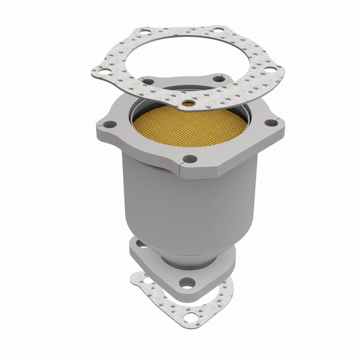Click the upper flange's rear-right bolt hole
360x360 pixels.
click(x=220, y=80)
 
